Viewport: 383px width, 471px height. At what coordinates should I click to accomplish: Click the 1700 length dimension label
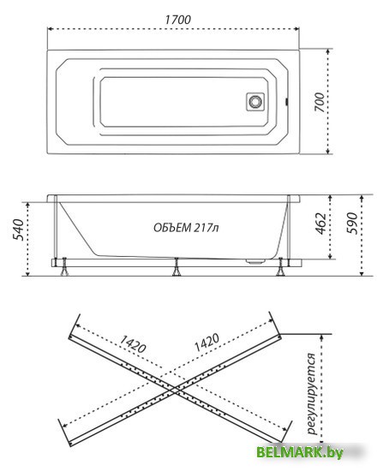point(177,20)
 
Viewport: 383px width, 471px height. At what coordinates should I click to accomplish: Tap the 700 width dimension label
point(320,102)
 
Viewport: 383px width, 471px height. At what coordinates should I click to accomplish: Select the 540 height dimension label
point(17,230)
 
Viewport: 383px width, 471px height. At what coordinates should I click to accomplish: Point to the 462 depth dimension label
point(320,224)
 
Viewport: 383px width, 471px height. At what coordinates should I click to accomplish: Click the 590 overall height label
point(352,224)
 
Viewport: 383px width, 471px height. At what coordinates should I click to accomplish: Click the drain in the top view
point(255,102)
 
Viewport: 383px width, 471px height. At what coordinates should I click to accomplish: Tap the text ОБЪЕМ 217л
point(186,228)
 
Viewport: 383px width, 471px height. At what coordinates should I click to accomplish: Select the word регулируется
point(312,394)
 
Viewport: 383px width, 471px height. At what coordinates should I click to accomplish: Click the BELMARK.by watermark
point(300,452)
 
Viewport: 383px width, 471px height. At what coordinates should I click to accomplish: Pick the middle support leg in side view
point(177,266)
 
